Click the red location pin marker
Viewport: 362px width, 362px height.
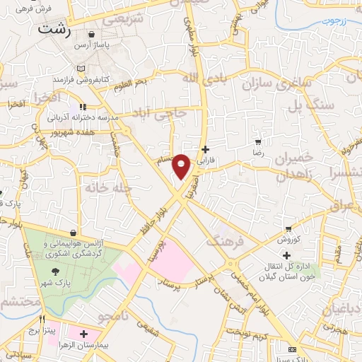182,166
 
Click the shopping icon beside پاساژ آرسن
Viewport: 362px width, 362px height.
93,34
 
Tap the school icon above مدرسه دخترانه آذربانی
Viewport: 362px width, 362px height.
83,106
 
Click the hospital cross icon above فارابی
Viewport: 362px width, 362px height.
206,149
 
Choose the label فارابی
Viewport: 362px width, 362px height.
206,160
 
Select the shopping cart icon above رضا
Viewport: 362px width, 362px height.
259,141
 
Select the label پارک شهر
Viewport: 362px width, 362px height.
55,281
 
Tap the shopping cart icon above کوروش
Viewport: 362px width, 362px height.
288,228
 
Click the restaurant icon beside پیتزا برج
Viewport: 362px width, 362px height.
42,320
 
